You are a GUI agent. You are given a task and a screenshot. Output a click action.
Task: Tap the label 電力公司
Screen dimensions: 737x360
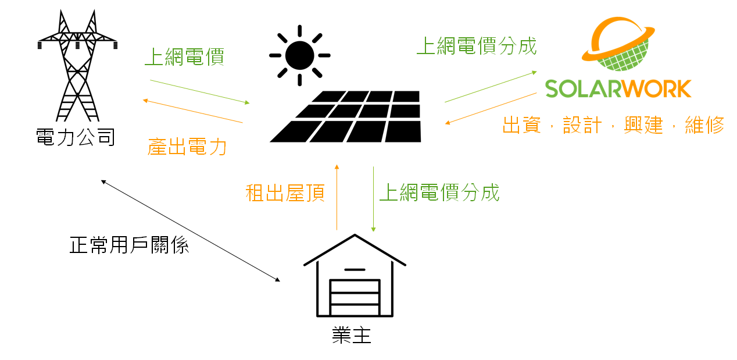76,137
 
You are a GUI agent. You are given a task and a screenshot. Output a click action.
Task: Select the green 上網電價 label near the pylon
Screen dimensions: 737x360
185,56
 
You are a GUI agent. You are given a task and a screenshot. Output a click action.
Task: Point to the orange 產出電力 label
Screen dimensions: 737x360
187,147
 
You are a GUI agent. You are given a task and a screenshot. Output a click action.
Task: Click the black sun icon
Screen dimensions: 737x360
300,55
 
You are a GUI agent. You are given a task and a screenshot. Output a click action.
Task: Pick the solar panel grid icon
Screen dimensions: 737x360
345,116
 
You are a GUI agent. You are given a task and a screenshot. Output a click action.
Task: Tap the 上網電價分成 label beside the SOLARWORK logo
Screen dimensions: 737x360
477,46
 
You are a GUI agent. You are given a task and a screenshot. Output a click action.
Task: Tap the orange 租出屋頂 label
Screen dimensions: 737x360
285,193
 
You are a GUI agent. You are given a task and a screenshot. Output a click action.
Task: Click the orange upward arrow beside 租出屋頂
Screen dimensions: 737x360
337,197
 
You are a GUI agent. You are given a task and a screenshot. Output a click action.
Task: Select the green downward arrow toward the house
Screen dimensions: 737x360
373,199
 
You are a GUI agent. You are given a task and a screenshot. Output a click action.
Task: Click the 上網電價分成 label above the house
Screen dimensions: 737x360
439,193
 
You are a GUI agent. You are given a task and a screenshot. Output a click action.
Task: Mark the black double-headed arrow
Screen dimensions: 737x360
191,231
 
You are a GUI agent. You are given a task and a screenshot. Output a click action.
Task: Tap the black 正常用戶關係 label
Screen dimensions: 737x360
129,245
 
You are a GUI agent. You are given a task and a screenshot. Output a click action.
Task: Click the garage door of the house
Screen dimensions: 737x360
355,297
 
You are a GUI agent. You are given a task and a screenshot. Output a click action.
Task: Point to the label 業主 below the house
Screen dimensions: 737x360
352,335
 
